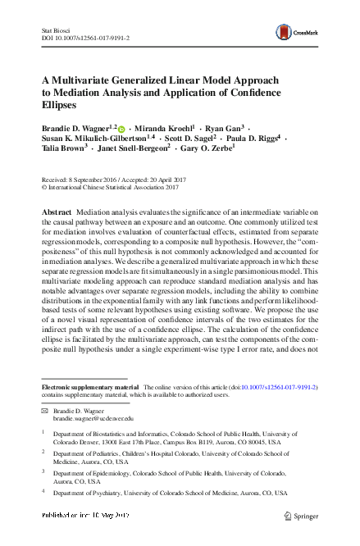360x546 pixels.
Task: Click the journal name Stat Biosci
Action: (54, 30)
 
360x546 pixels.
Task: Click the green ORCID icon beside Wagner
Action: (122, 130)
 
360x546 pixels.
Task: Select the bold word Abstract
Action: (57, 212)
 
